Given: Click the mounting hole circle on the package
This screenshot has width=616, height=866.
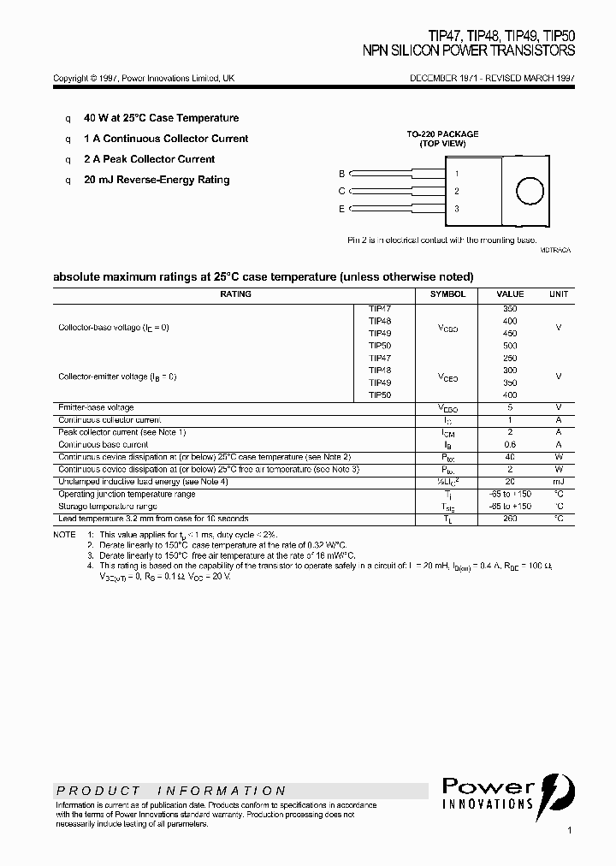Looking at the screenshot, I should (530, 191).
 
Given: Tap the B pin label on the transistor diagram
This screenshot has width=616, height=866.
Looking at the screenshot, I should (342, 174).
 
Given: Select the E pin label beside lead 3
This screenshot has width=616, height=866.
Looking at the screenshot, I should (342, 209).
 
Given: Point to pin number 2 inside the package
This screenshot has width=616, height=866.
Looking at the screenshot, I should (457, 192).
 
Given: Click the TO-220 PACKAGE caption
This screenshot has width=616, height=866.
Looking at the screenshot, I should (442, 134).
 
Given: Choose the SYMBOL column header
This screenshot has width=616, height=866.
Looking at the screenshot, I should (448, 294).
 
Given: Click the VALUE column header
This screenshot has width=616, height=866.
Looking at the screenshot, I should (510, 294).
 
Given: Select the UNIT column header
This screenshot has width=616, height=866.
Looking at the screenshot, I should (559, 294).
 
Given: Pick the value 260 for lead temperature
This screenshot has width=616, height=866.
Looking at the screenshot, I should (510, 519).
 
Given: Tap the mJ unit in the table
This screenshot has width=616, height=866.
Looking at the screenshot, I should (559, 482).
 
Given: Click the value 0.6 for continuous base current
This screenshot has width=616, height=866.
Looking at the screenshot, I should (510, 445).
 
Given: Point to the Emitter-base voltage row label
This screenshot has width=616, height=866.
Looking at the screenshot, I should (96, 408).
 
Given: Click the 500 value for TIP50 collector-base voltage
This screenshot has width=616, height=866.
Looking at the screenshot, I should (510, 346).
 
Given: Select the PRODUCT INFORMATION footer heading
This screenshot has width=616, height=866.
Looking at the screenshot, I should (171, 791).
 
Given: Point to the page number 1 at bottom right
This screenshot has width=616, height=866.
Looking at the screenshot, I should (569, 830).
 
